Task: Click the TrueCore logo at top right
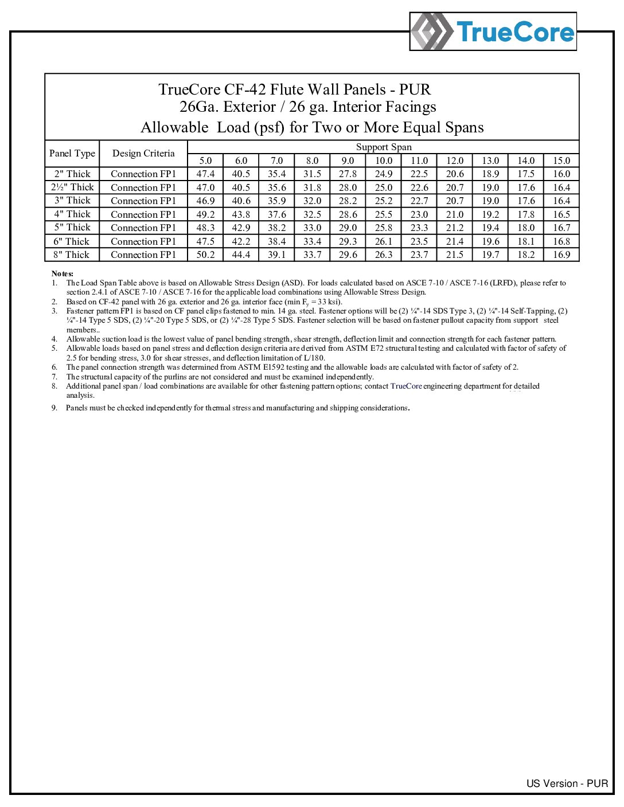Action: [x=493, y=32]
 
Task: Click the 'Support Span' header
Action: [x=384, y=147]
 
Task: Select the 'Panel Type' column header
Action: [x=72, y=154]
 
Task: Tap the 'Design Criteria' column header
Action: [x=143, y=154]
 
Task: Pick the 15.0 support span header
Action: [x=561, y=161]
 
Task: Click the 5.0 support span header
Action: [x=205, y=161]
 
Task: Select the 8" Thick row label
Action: [x=72, y=255]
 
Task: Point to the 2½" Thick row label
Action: [x=72, y=187]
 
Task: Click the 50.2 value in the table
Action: [x=205, y=255]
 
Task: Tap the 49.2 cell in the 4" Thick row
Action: [x=205, y=214]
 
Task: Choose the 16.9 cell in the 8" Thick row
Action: [x=561, y=255]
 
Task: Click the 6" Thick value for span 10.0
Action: [x=384, y=242]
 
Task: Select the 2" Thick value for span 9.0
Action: [x=348, y=174]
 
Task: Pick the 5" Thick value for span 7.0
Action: [x=276, y=228]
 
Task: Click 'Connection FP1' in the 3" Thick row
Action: [x=143, y=201]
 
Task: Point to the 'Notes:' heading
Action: [x=63, y=274]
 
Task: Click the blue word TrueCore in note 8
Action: [x=406, y=386]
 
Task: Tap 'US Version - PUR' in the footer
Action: [x=567, y=784]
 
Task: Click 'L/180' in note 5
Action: [x=314, y=358]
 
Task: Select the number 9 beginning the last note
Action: [x=54, y=408]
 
